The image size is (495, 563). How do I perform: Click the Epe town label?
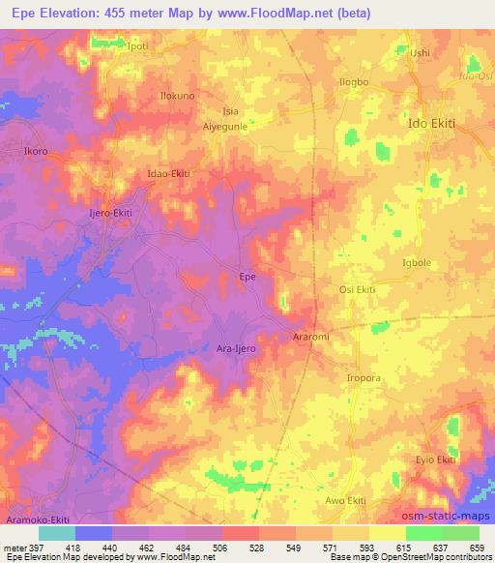pos(247,278)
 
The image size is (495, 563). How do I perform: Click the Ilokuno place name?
pos(177,97)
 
